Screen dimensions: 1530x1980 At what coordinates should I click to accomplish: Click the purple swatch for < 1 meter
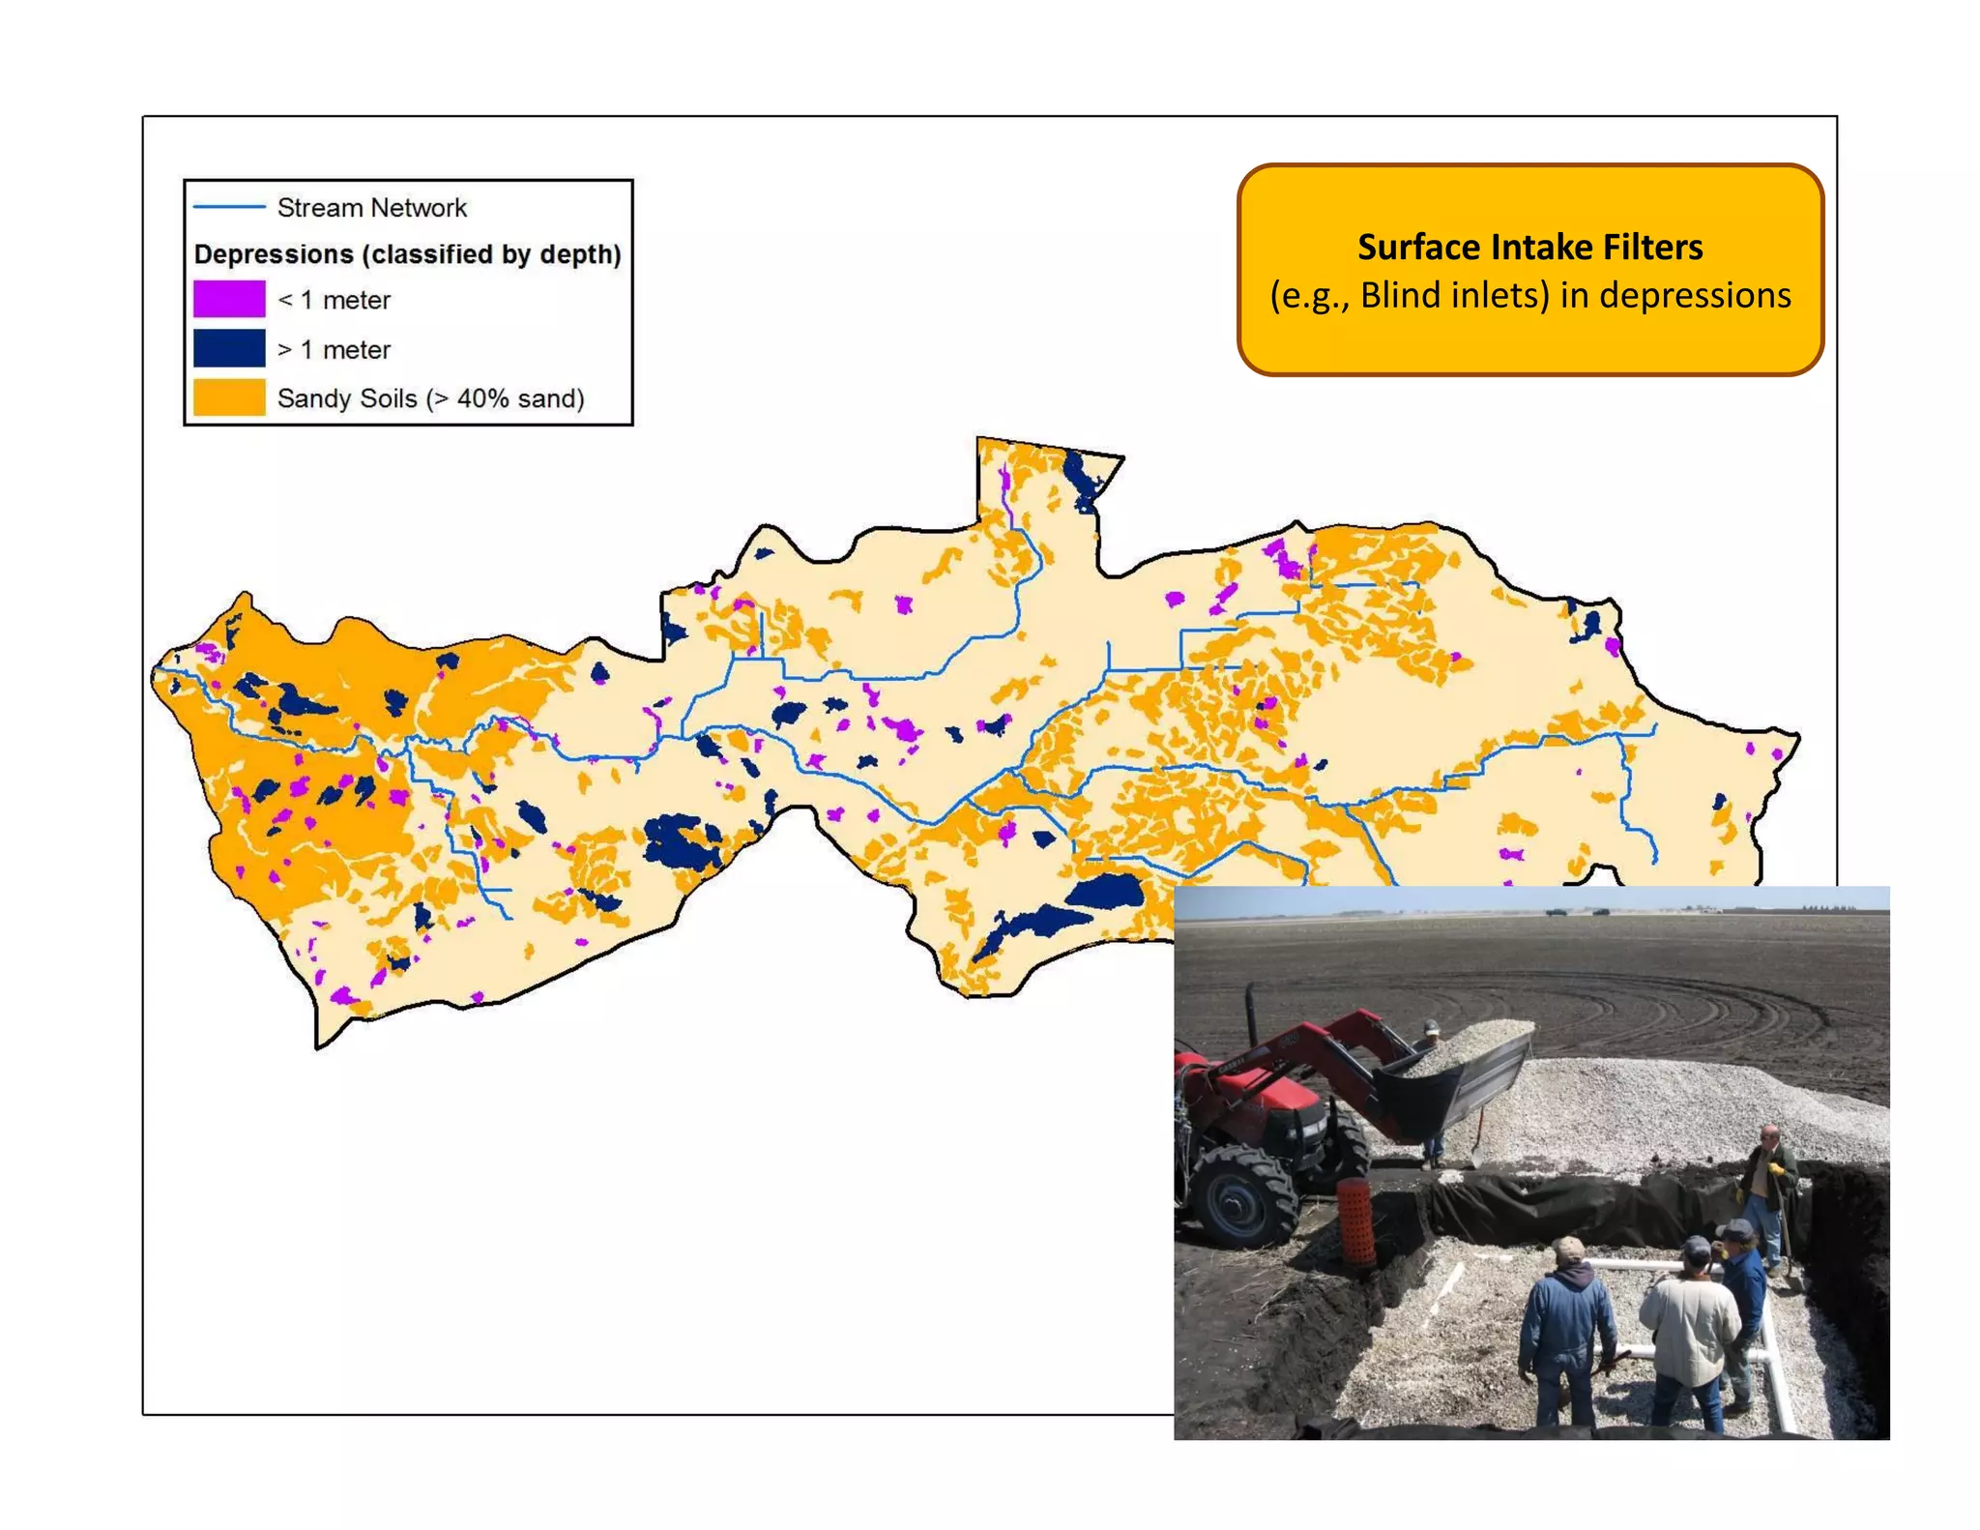click(229, 299)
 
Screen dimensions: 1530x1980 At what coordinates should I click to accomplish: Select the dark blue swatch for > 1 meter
click(229, 348)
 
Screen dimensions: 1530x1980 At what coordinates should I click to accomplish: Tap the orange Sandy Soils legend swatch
click(229, 397)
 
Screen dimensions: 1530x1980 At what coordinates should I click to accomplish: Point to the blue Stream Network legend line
click(229, 207)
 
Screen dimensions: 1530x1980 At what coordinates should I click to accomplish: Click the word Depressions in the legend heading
click(275, 254)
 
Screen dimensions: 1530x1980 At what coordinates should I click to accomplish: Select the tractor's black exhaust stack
click(1251, 1015)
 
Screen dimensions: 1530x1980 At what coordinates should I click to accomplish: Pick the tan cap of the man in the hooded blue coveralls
click(1568, 1248)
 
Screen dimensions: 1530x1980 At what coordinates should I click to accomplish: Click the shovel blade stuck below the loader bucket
click(1476, 1152)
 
